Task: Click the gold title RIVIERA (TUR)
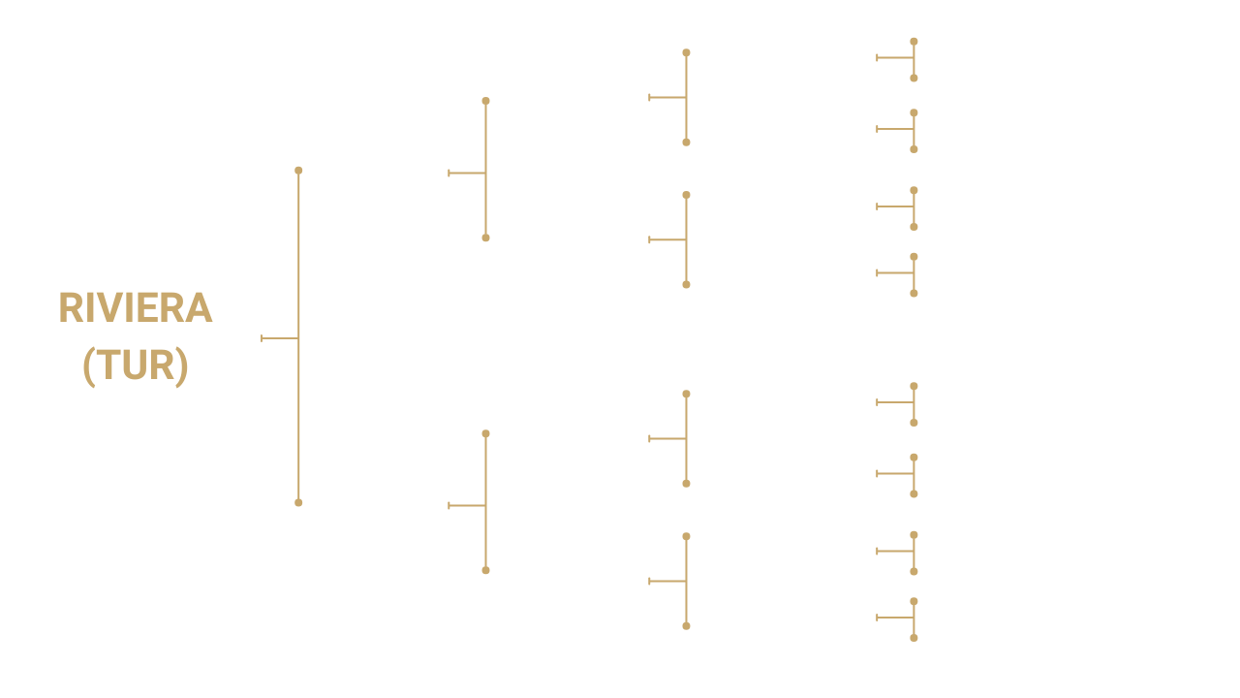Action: point(135,336)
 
